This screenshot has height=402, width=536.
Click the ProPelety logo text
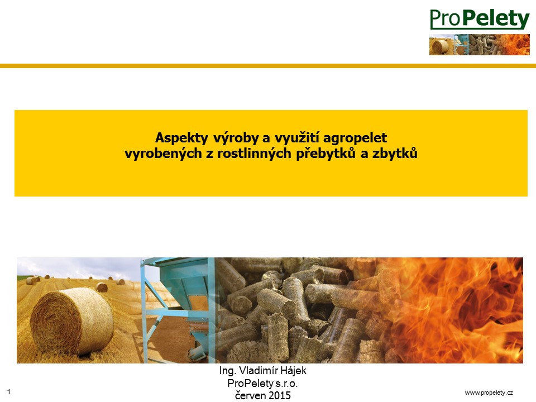pos(480,19)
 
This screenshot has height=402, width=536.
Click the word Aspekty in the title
pos(181,138)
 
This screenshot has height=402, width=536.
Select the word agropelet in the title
pos(355,138)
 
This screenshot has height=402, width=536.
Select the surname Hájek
pos(293,371)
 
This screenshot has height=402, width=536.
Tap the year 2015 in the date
pos(279,395)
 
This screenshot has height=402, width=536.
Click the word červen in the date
pos(250,395)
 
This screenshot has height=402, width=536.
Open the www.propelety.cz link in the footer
pos(489,393)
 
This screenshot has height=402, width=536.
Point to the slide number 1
pos(9,392)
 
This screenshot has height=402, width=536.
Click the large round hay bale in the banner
pos(72,322)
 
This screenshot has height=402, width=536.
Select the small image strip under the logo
pos(480,45)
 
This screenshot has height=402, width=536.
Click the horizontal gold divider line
pos(268,66)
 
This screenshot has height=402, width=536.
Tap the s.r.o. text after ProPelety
pos(286,384)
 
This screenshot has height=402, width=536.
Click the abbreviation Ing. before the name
pos(228,371)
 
